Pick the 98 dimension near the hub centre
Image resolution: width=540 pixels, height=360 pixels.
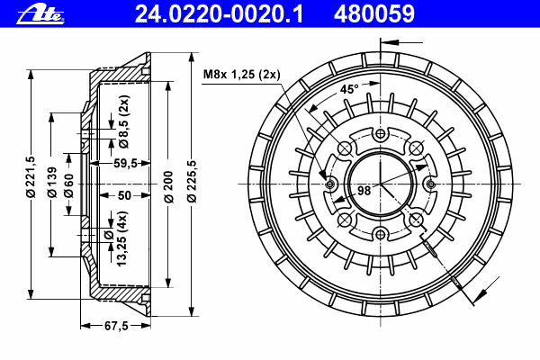[x=364, y=190]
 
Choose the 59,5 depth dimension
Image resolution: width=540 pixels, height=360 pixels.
[x=125, y=164]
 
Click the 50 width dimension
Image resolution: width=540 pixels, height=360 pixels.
[x=123, y=194]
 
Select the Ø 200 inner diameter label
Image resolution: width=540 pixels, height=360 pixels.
[x=168, y=184]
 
